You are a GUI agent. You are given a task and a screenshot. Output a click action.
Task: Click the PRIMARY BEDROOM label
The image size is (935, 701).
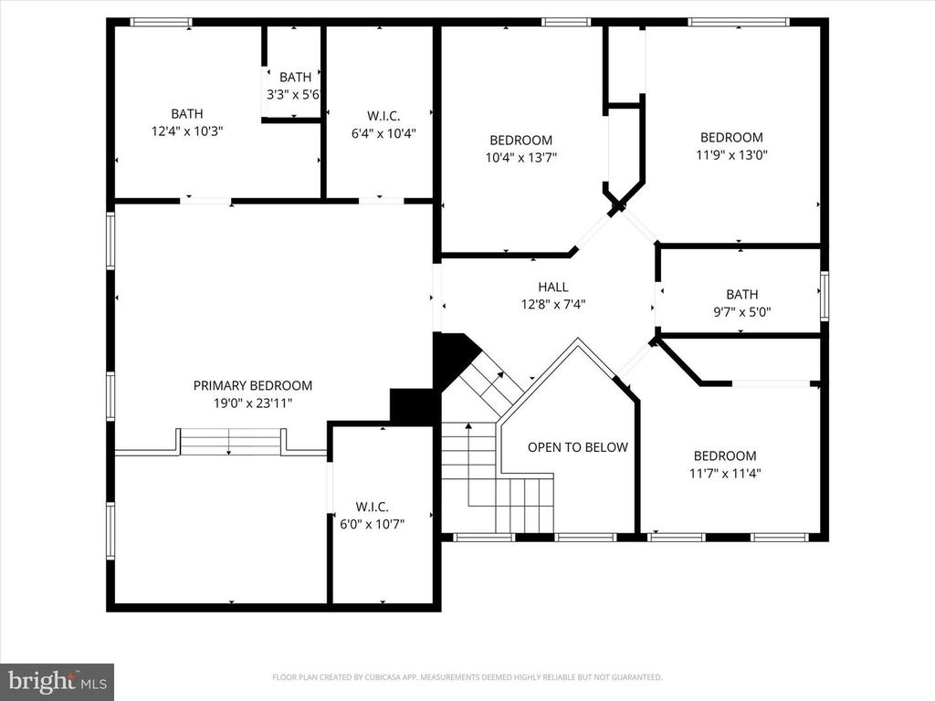252,385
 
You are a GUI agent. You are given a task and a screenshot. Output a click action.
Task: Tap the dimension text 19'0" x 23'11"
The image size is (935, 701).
252,402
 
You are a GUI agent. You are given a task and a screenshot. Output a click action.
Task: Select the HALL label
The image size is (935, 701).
552,287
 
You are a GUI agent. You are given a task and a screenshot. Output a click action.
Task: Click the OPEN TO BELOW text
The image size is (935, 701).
577,447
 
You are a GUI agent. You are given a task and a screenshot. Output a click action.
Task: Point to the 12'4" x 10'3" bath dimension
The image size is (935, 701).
186,131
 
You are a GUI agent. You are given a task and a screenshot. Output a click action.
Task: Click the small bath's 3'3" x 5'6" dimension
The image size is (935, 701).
295,94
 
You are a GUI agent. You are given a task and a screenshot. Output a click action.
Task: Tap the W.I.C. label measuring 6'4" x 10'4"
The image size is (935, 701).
383,115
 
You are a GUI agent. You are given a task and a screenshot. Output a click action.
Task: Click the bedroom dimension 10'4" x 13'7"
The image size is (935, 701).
520,157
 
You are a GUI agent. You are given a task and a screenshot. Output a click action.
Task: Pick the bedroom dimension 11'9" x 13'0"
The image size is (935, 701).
730,154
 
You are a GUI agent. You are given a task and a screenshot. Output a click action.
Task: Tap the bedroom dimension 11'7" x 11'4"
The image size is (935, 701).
725,473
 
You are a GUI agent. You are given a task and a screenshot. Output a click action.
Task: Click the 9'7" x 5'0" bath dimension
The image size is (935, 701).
741,310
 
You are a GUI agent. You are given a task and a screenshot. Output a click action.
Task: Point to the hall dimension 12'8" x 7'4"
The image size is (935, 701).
552,304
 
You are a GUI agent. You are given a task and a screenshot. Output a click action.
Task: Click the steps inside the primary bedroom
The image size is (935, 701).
230,443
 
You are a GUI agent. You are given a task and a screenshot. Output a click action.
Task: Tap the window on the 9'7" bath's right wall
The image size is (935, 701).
824,295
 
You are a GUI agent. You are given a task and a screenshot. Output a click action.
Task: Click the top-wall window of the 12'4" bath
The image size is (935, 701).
161,22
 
